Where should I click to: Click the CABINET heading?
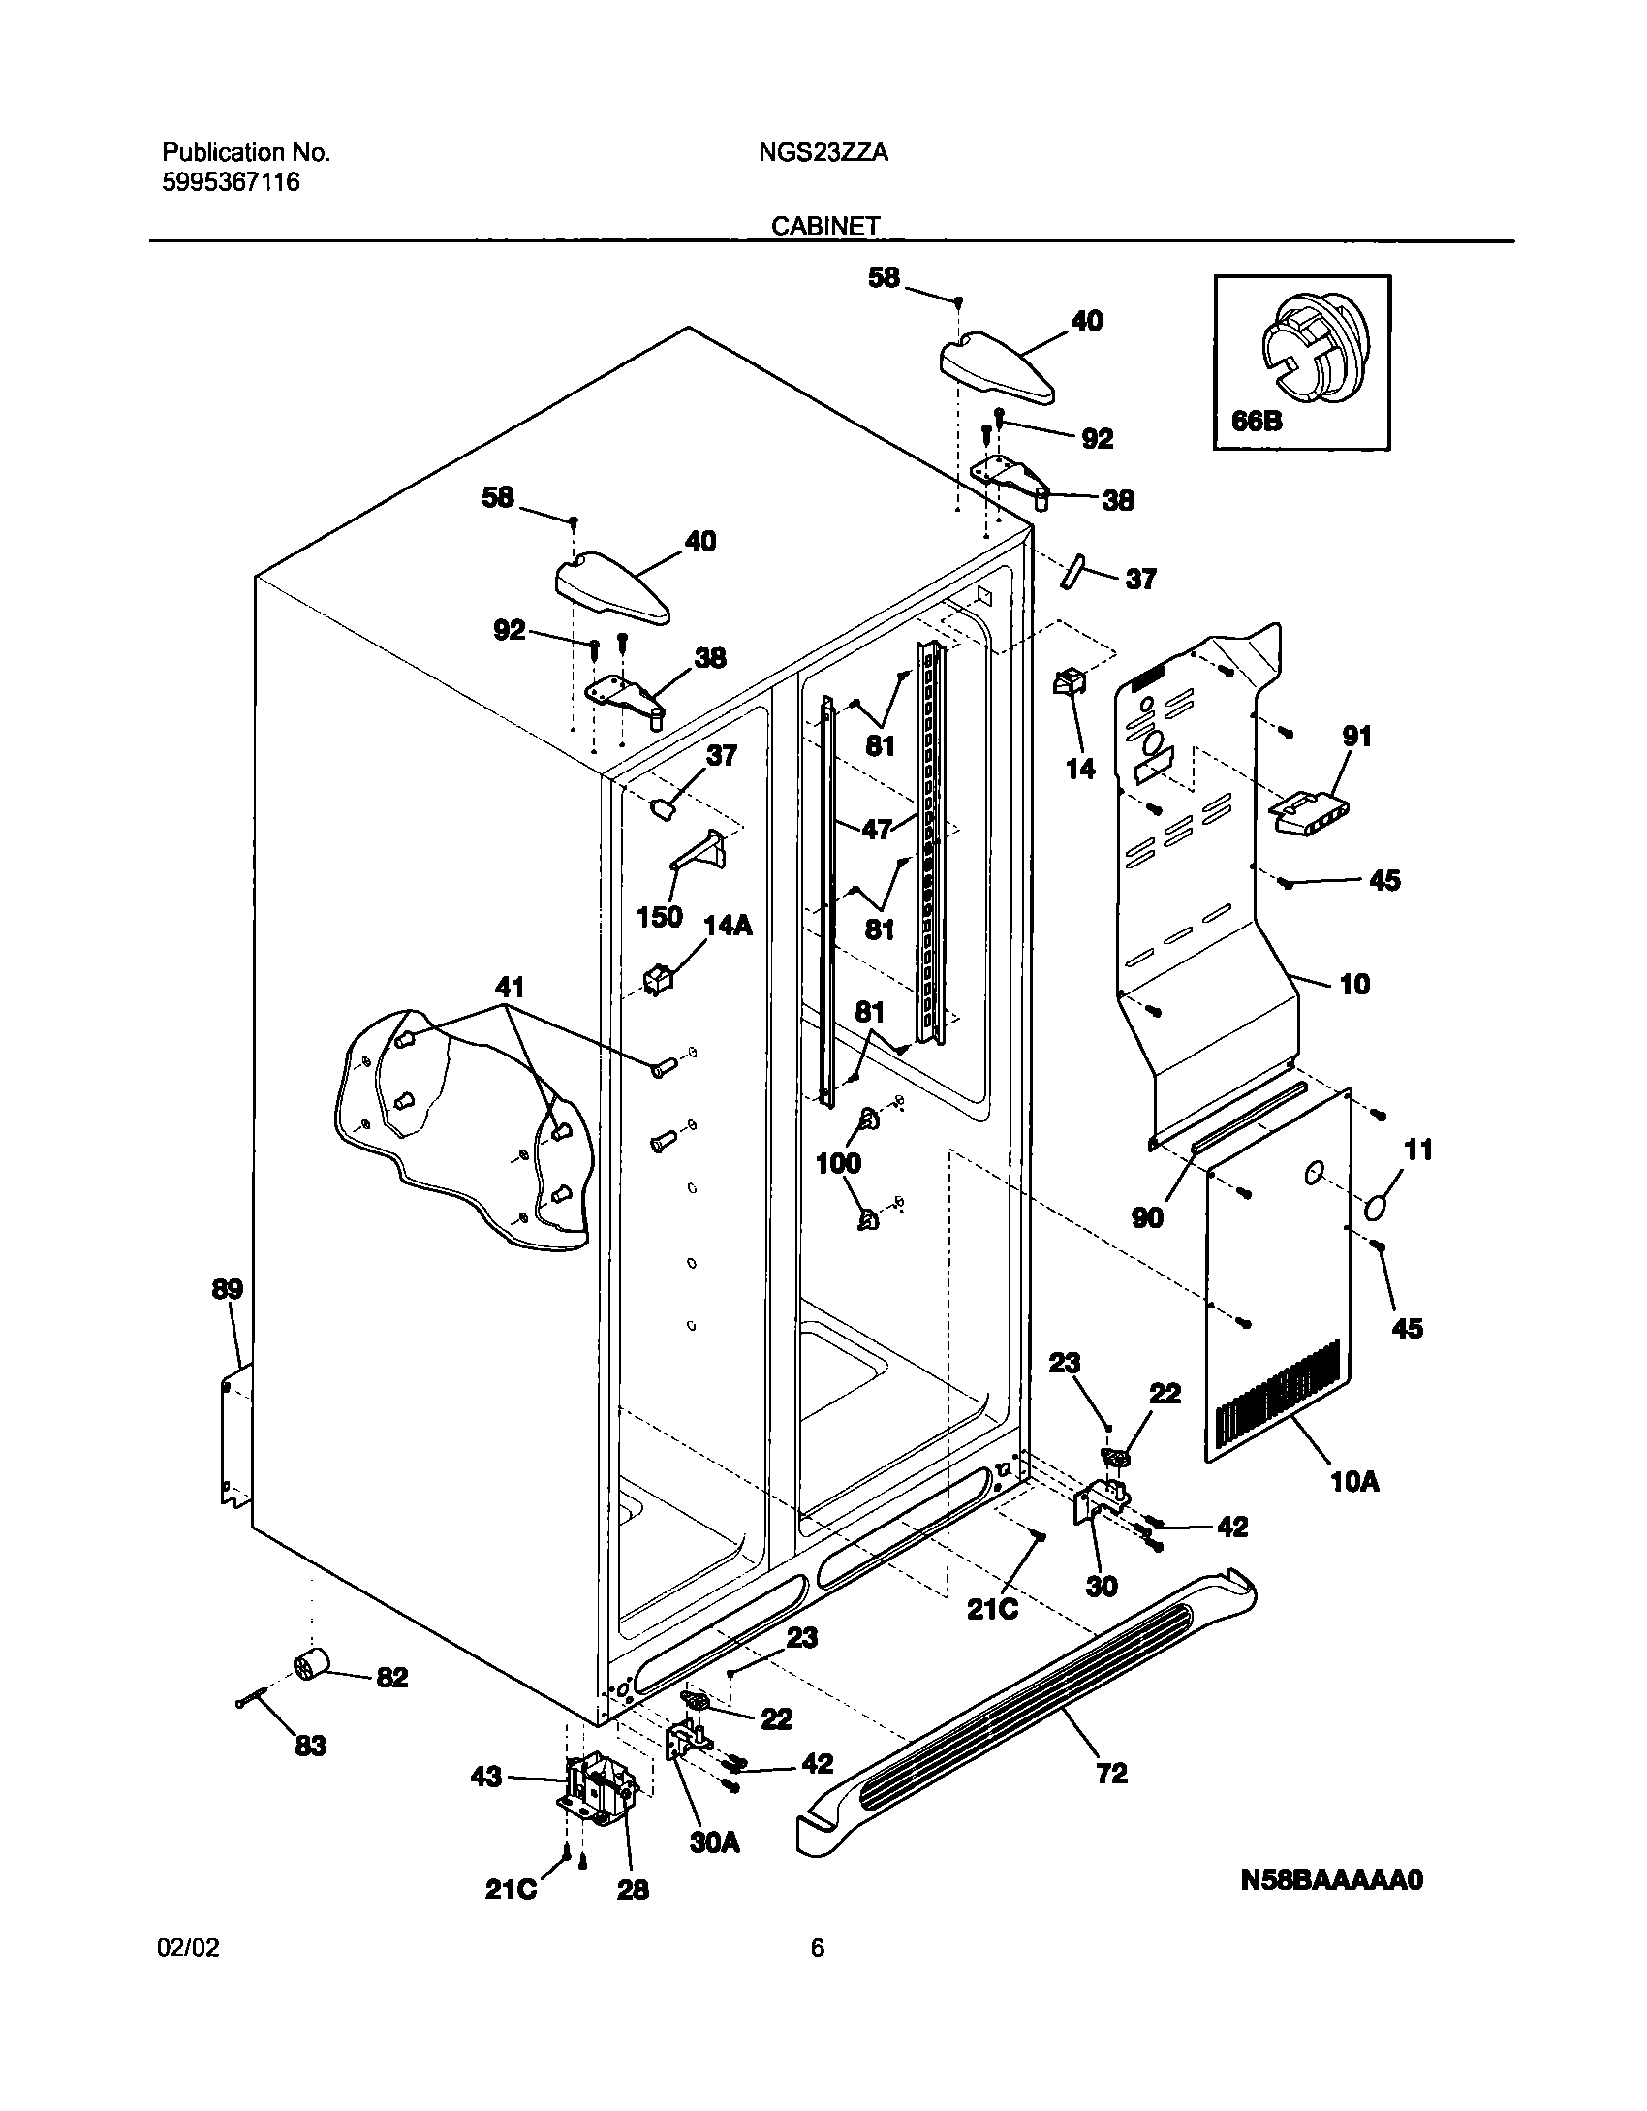(825, 226)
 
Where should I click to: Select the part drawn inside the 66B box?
(1310, 346)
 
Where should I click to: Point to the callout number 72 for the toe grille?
(1111, 1773)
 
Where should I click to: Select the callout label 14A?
(727, 926)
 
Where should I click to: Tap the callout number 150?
(659, 917)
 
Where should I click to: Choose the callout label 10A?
(1354, 1481)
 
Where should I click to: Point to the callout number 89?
(228, 1289)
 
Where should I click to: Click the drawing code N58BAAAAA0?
(1331, 1907)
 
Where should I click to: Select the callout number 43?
(485, 1777)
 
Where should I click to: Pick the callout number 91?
(1356, 737)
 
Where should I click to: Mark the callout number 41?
(510, 988)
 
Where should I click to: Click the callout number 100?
(838, 1163)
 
